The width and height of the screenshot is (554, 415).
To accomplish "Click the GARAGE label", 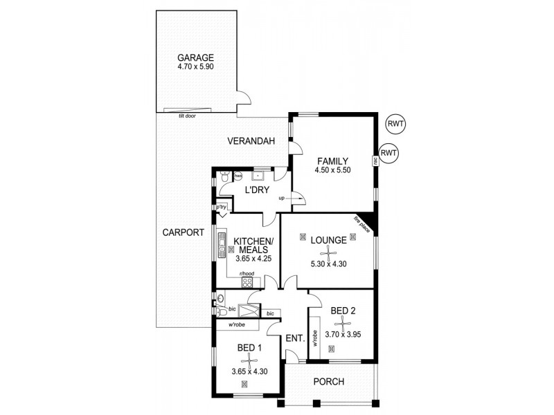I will click(195, 57).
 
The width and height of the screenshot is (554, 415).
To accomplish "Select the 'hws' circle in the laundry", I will click(238, 176).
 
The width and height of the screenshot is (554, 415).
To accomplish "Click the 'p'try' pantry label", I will click(222, 206).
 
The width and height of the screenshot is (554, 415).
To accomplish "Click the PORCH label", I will click(328, 382).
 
